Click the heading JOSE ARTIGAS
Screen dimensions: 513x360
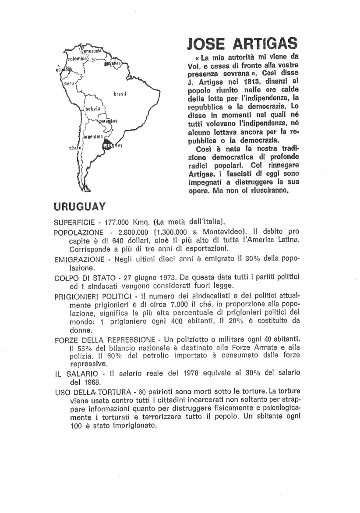[242, 45]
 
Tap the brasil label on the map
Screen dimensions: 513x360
[120, 94]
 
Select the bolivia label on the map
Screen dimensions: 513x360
[93, 108]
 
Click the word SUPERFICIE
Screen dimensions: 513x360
[74, 222]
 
